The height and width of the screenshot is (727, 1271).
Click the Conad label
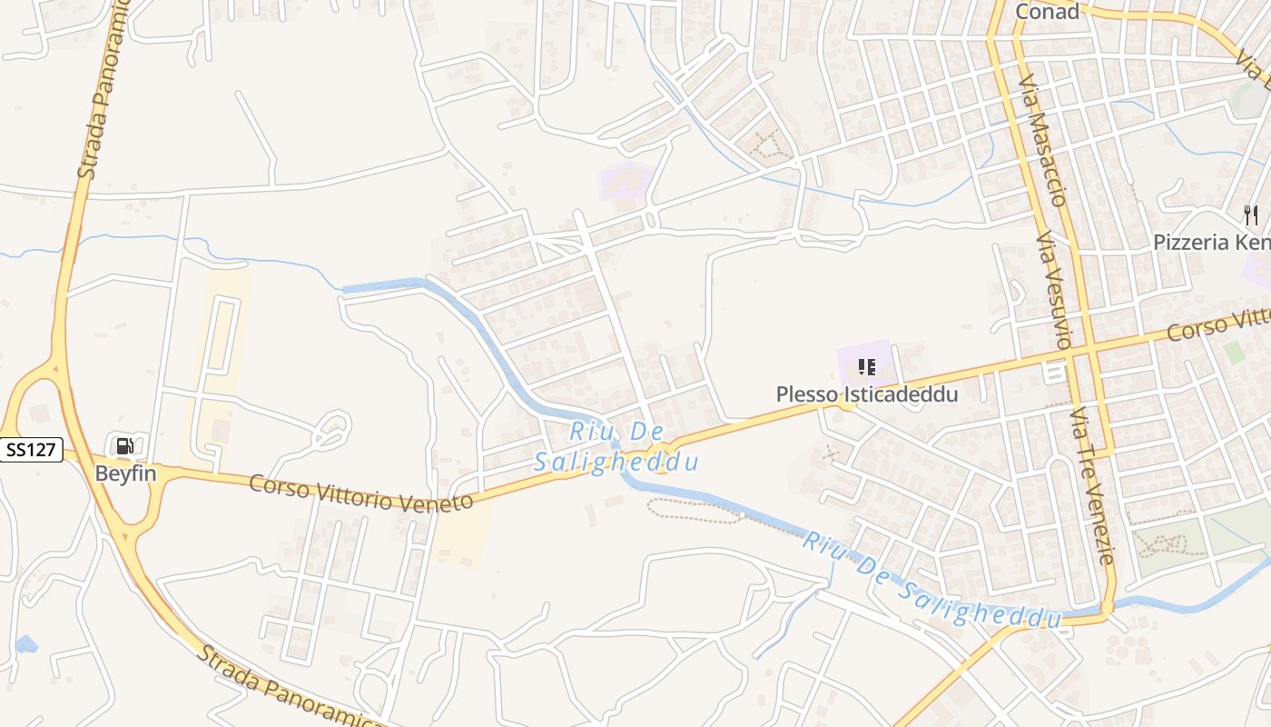[1047, 11]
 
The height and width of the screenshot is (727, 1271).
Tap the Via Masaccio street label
[1042, 141]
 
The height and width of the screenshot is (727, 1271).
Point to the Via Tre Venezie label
[1091, 486]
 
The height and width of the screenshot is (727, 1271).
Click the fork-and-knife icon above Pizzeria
[1251, 215]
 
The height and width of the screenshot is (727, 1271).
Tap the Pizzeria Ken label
[1211, 243]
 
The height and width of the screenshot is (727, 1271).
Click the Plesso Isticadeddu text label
[866, 394]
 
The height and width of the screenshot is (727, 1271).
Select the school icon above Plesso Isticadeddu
[866, 367]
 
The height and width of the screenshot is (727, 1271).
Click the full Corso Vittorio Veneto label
[361, 493]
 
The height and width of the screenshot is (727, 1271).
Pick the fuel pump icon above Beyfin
[124, 445]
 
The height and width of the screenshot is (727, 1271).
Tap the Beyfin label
[125, 473]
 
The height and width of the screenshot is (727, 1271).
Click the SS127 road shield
[32, 449]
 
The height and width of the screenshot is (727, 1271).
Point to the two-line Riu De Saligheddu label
[617, 447]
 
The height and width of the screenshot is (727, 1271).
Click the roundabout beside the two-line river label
[662, 456]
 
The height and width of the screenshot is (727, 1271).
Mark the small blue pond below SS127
[26, 645]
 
